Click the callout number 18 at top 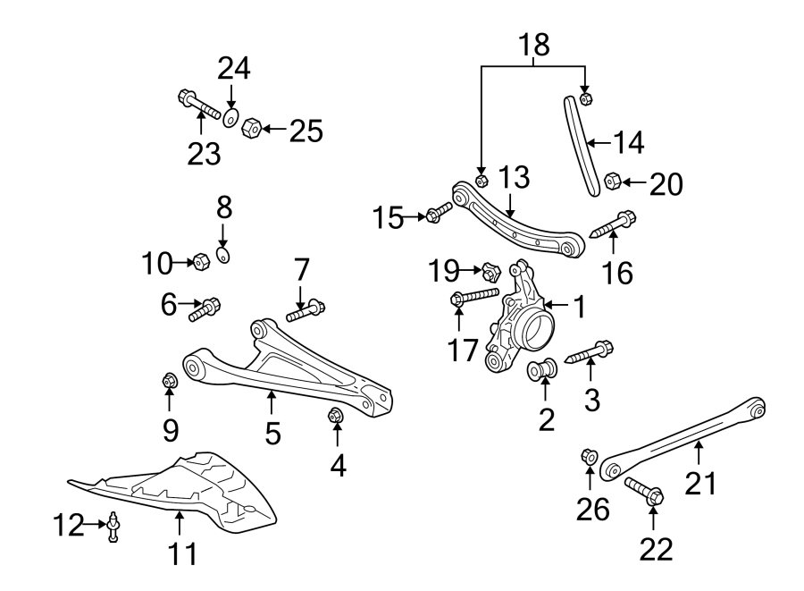(533, 44)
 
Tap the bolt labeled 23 (199, 104)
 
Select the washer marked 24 (230, 118)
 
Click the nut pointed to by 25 (251, 129)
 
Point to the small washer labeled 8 (223, 258)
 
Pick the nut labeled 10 (202, 262)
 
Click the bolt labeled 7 (306, 312)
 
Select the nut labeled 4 (337, 415)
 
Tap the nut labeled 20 (612, 182)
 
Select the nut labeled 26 (590, 457)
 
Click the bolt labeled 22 (644, 489)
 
